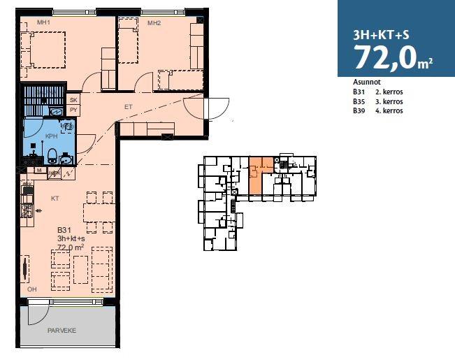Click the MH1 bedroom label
[43, 22]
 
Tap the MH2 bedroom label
[154, 23]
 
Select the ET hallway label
[129, 107]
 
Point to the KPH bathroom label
[51, 136]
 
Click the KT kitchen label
[55, 199]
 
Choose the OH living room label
[32, 289]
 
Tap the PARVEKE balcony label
[62, 331]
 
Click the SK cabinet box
[73, 99]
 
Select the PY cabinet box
[73, 110]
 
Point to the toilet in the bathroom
[52, 156]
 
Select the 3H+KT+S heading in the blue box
[381, 35]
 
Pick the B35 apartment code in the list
[359, 101]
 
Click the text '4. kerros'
[389, 110]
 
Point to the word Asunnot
[367, 82]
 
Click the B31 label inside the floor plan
[64, 230]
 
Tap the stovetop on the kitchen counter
[27, 211]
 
